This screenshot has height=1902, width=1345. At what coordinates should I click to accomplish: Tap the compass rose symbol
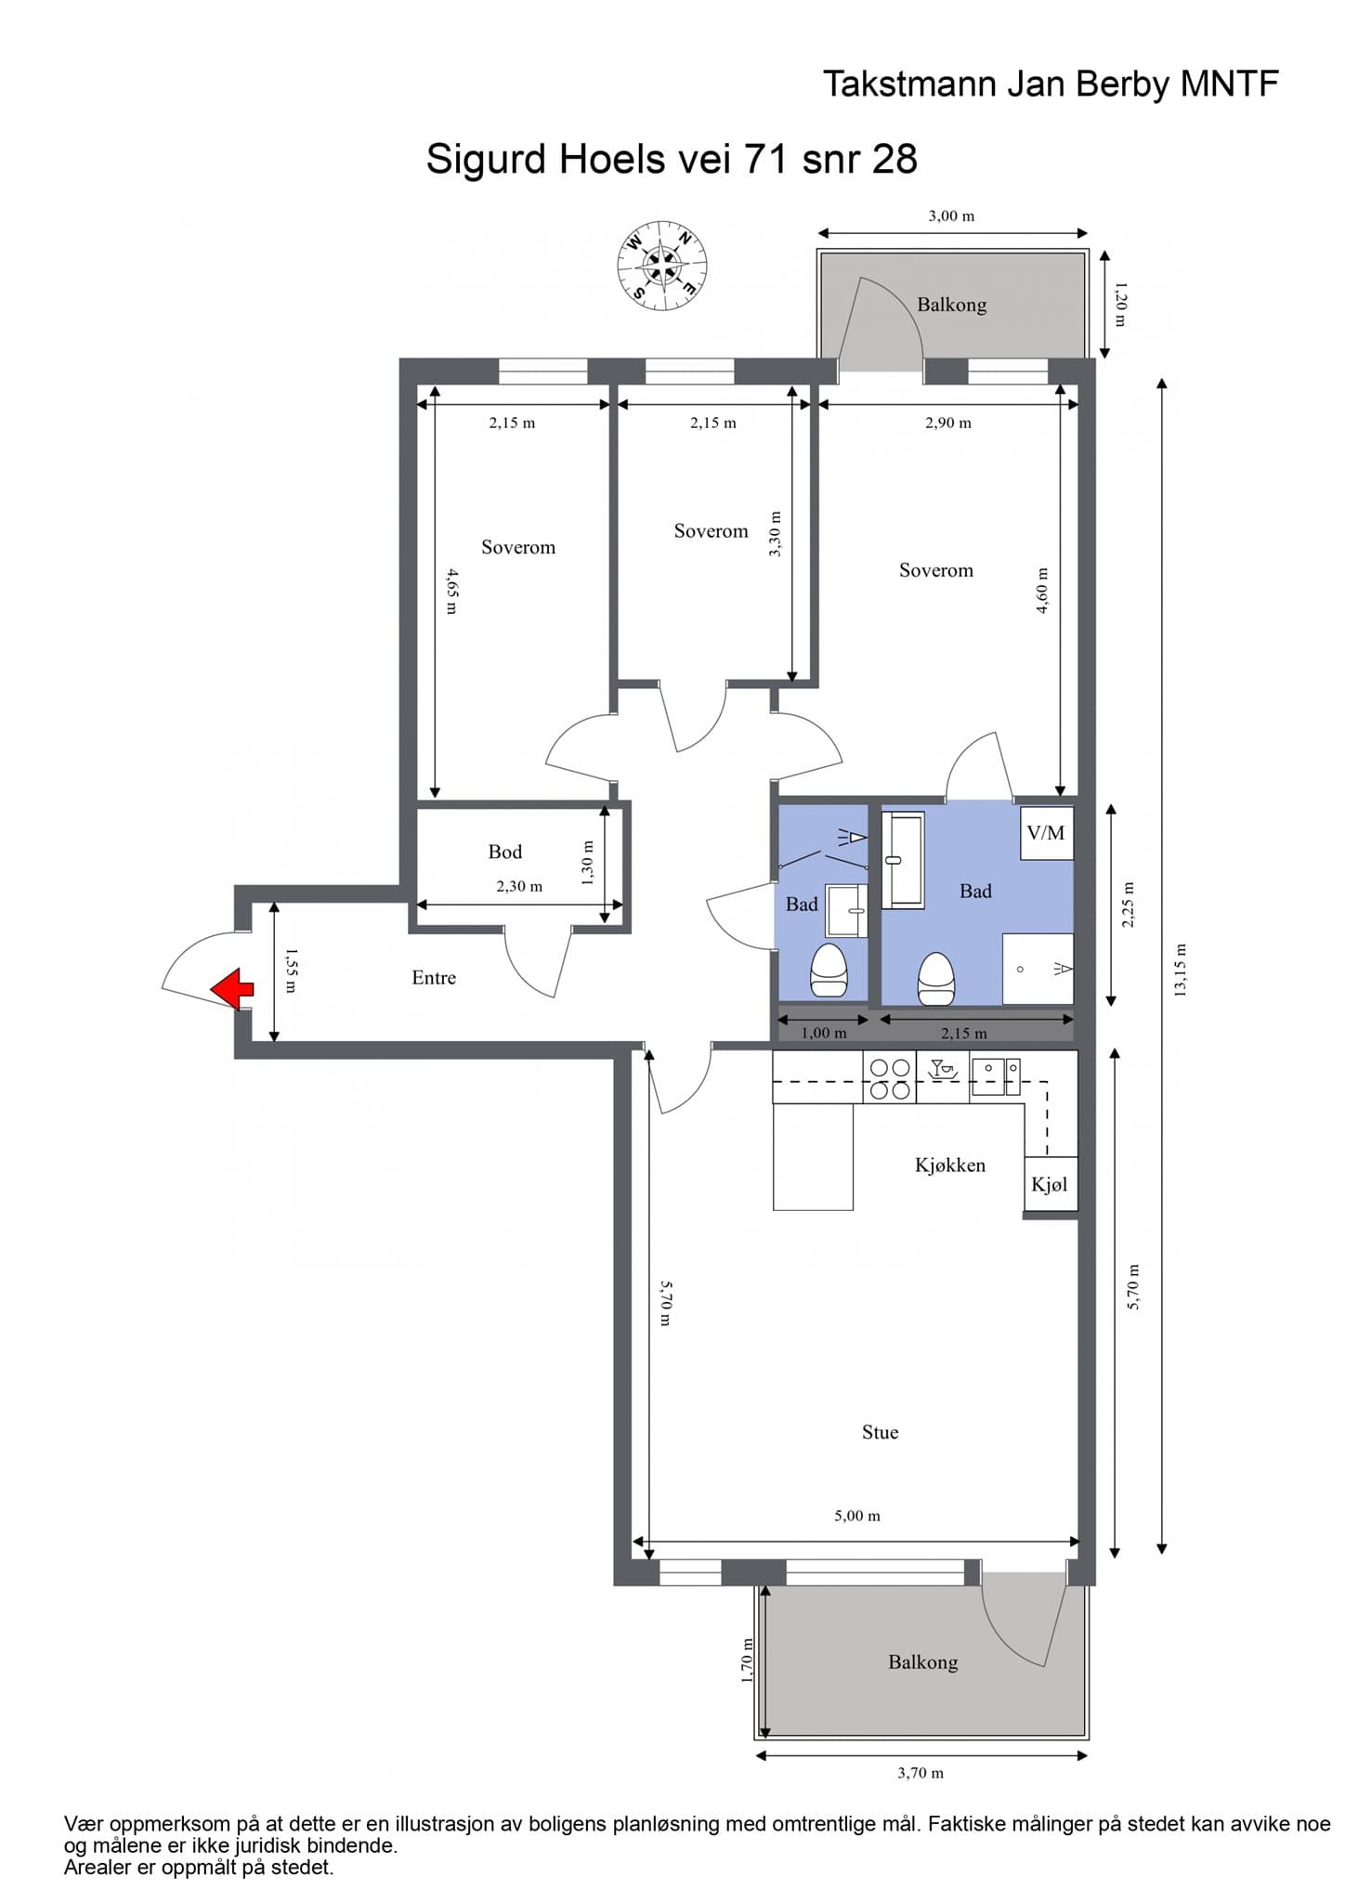[663, 265]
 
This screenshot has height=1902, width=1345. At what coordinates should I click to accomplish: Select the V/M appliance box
[1046, 833]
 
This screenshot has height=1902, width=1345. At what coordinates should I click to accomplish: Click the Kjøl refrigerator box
[1051, 1184]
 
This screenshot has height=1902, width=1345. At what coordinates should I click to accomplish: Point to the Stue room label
[880, 1432]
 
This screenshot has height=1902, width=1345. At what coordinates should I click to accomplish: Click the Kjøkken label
[950, 1165]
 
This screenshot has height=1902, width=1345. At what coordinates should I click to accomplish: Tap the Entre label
[434, 977]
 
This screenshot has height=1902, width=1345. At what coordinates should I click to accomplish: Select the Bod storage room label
[505, 852]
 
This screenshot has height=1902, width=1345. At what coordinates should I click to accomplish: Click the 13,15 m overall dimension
[1181, 971]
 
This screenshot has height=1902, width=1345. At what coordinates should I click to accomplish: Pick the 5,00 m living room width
[856, 1516]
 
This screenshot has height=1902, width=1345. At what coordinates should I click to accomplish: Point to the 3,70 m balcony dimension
[921, 1773]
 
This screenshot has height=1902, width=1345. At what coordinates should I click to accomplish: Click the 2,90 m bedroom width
[948, 423]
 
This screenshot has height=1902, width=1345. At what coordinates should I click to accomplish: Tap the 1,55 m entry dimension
[290, 971]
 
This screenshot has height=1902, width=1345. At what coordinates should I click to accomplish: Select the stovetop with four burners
[890, 1077]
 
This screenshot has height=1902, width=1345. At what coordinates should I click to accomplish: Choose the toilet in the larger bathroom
[935, 980]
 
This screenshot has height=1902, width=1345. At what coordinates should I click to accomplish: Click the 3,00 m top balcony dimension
[951, 216]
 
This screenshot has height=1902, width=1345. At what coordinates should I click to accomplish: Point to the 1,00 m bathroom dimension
[824, 1033]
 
